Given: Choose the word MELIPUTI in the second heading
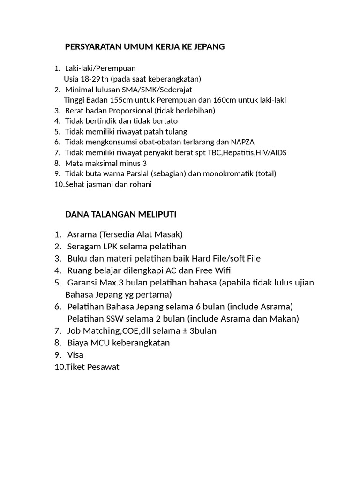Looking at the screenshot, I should pyautogui.click(x=157, y=215).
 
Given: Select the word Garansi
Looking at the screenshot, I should pyautogui.click(x=83, y=283).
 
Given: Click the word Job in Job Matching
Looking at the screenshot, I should pyautogui.click(x=75, y=331).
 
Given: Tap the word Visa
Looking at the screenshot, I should pyautogui.click(x=75, y=355).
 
